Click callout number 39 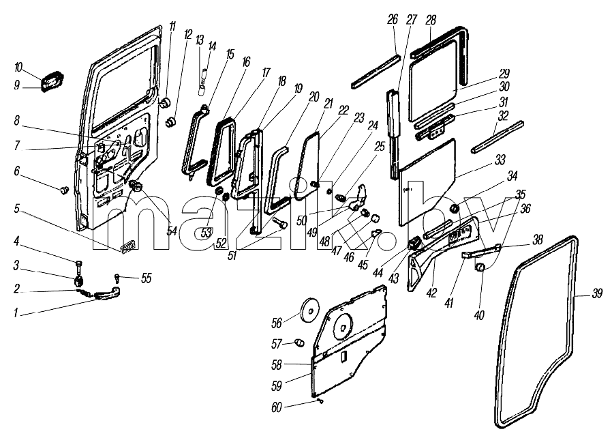(x=597, y=293)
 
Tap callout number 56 (x=277, y=323)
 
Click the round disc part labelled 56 (x=309, y=310)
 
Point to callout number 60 (x=276, y=407)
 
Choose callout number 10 (x=18, y=67)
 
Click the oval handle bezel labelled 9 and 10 (x=51, y=83)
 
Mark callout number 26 (x=393, y=19)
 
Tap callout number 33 (x=500, y=160)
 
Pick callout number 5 (x=16, y=209)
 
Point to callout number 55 (x=146, y=278)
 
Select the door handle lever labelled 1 (x=106, y=294)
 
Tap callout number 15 (x=230, y=54)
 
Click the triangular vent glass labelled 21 (x=308, y=166)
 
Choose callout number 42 (x=431, y=293)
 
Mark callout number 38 (x=538, y=239)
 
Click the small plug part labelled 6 (x=63, y=190)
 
